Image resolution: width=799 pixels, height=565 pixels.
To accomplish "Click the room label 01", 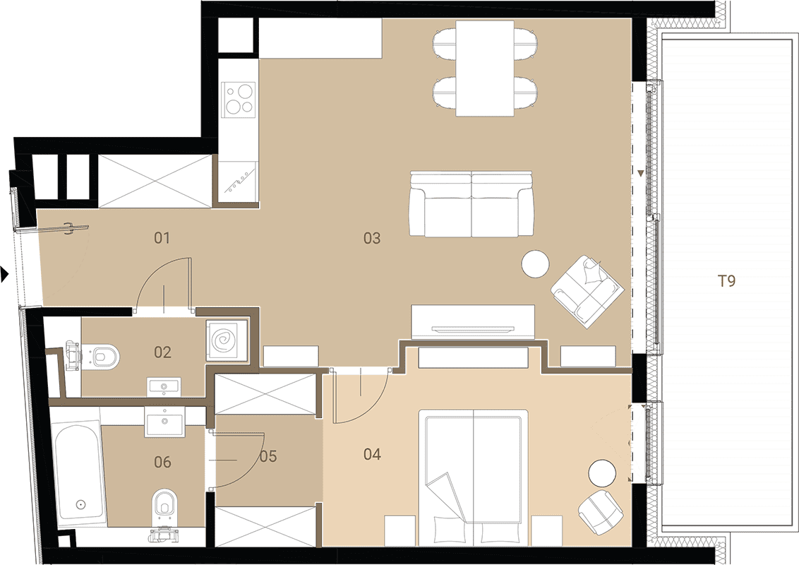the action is tap(162, 237).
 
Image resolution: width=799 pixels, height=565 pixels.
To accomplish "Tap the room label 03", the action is tap(372, 237).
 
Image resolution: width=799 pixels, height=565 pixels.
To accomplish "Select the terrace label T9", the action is tap(726, 280).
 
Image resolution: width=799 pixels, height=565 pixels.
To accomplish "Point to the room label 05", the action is tap(268, 456).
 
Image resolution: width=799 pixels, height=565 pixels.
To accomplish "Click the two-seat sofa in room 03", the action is tap(472, 204).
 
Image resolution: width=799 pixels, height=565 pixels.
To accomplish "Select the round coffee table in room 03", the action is tap(536, 264).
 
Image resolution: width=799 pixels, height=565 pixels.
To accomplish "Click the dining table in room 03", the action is tap(485, 69).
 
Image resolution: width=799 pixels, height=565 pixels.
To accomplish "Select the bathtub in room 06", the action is tap(79, 474).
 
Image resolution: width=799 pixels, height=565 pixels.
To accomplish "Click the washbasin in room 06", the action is tap(164, 422).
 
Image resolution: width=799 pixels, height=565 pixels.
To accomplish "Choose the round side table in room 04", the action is tap(602, 474).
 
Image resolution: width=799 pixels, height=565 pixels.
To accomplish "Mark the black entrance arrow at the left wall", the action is tap(4, 274).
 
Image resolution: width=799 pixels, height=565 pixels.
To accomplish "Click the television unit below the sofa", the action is tap(473, 322).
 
